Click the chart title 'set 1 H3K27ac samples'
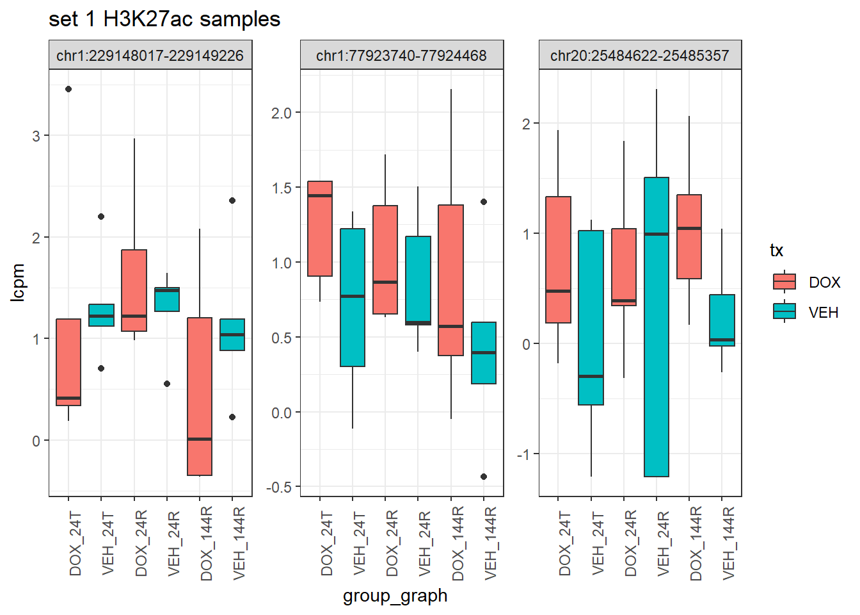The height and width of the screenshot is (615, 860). click(164, 19)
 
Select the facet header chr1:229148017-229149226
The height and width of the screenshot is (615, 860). click(150, 56)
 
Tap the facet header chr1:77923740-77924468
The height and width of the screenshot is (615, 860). click(402, 56)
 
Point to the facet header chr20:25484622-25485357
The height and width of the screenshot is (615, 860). click(640, 56)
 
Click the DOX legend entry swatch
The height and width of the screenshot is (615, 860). click(784, 282)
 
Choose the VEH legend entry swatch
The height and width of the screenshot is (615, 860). click(784, 312)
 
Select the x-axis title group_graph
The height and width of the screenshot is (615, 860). click(395, 596)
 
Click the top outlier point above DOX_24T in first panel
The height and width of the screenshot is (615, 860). click(68, 89)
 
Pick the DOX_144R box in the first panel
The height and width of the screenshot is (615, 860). click(200, 397)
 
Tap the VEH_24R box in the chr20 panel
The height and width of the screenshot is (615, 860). click(657, 327)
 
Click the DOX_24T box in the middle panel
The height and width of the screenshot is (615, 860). click(320, 229)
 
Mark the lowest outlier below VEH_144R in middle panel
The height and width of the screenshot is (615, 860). click(484, 477)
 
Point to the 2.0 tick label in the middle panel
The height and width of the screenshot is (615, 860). click(281, 113)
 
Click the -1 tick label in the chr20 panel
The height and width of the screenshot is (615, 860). click(524, 454)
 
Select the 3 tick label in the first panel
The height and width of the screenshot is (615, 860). click(36, 136)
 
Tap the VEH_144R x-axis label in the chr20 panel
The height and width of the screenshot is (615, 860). click(728, 544)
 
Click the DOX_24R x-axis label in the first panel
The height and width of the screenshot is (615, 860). click(141, 544)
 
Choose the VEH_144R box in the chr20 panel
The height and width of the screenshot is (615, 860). click(722, 320)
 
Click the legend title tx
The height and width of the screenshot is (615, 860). click(776, 250)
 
